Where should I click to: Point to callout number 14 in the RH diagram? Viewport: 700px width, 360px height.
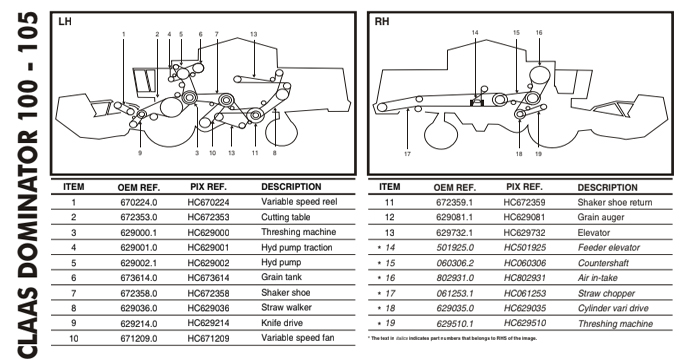tap(475, 33)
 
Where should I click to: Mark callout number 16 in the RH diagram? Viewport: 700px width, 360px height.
tap(539, 33)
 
